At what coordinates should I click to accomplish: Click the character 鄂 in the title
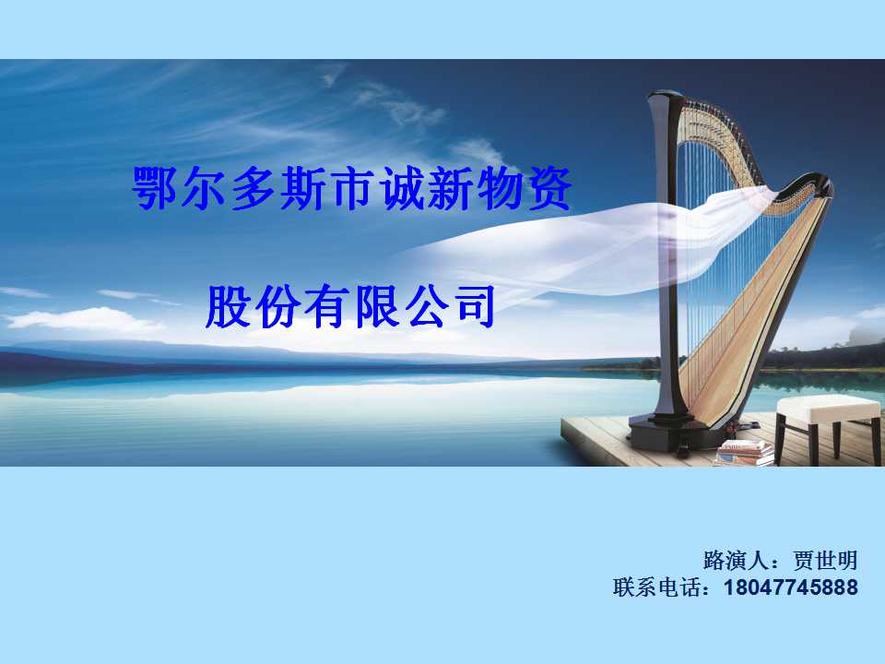pyautogui.click(x=155, y=188)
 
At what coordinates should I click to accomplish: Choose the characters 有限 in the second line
pyautogui.click(x=351, y=306)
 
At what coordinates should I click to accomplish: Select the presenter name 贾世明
pyautogui.click(x=825, y=561)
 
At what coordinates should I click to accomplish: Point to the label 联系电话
pyautogui.click(x=657, y=587)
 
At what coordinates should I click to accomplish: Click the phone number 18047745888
pyautogui.click(x=791, y=587)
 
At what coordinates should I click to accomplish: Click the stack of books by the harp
pyautogui.click(x=744, y=454)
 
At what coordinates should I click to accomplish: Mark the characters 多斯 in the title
pyautogui.click(x=278, y=188)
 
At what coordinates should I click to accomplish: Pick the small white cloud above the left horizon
pyautogui.click(x=85, y=320)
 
